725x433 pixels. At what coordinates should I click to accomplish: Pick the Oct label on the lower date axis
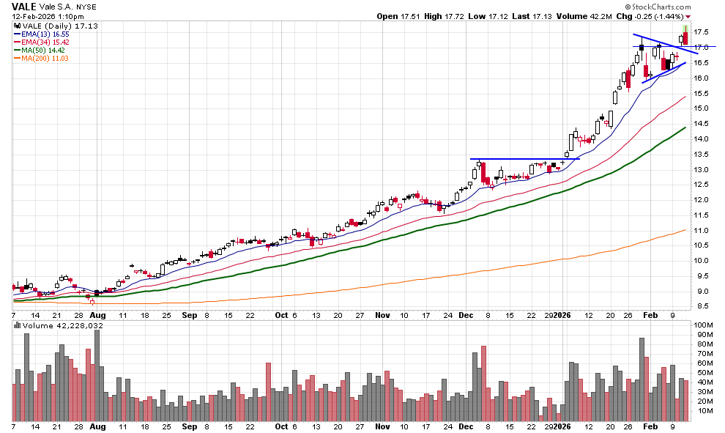click(282, 426)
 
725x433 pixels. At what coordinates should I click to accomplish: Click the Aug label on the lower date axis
click(97, 426)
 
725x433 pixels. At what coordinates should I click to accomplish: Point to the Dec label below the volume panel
click(466, 426)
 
